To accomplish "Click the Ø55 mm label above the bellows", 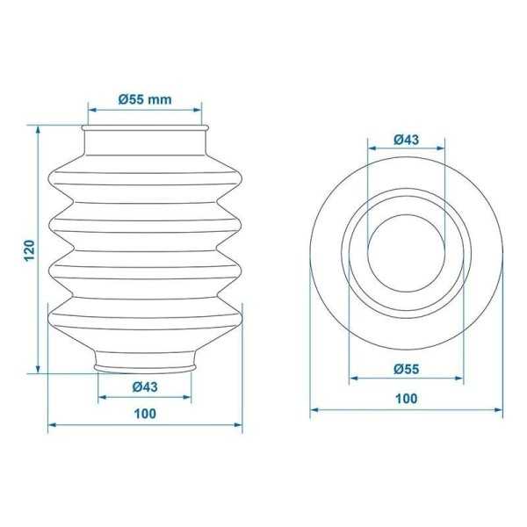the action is coord(145,99).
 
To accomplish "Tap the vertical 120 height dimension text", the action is coord(30,250).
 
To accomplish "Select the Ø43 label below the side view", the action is coord(145,386).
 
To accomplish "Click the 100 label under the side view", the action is coord(145,414).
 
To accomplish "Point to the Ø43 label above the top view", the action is coord(407,140).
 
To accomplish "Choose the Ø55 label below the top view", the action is coord(407,369).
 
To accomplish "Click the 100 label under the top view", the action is coord(407,399).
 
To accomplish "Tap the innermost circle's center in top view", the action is coord(407,253).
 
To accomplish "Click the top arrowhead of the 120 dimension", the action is coord(38,130).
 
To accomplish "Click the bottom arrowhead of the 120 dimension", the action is coord(38,369).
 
